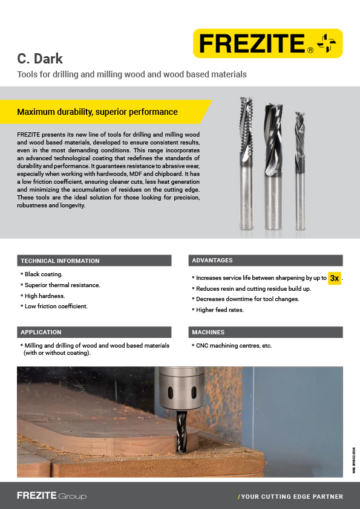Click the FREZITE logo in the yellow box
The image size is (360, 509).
coord(267,44)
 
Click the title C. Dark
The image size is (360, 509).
coord(39,59)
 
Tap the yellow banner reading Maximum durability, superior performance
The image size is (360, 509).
coord(97,112)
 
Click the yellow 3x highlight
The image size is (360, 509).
coord(334,278)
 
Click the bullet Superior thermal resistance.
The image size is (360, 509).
coord(62,285)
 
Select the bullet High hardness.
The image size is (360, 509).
coord(45,296)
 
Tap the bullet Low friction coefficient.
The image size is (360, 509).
coord(56,306)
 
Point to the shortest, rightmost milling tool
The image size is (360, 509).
coord(299,169)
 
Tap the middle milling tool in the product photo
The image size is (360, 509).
coord(272,166)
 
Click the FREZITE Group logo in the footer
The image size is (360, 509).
coord(51,496)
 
